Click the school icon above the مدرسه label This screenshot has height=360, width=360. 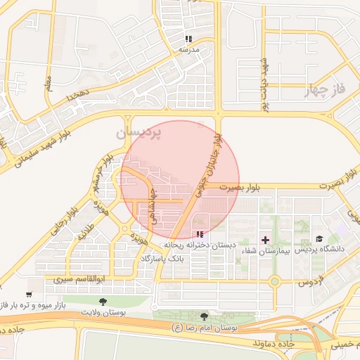[188, 39]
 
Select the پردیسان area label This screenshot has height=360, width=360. [138, 131]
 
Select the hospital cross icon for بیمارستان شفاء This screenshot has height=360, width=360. [265, 240]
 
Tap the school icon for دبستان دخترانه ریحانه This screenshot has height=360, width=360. [200, 234]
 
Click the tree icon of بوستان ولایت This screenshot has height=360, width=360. [103, 302]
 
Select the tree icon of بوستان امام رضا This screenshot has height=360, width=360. [205, 317]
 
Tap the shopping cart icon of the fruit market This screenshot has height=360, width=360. [29, 294]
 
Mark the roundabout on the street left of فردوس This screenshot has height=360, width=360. [275, 281]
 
